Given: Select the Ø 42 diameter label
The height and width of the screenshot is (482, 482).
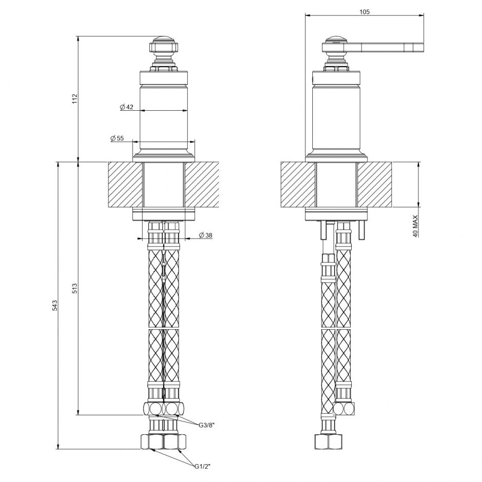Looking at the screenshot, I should tap(127, 107).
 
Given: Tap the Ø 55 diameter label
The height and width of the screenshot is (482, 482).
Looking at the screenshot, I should tap(117, 138).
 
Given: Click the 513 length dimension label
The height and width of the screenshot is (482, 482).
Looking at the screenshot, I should tap(74, 288).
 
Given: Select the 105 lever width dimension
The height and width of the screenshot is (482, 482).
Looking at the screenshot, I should tap(365, 11).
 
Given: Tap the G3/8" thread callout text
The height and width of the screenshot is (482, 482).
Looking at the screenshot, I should tap(207, 424).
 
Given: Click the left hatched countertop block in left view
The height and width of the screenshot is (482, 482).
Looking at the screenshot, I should tap(125, 185).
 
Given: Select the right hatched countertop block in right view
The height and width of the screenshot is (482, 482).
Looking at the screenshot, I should tap(374, 185).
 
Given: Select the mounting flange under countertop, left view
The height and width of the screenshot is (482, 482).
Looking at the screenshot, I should tap(164, 214).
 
